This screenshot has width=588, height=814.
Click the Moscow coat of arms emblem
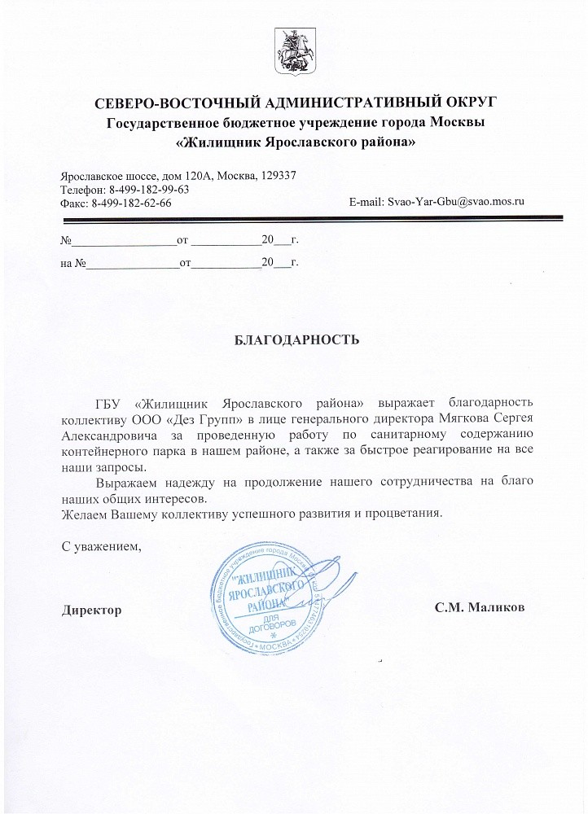coord(293,50)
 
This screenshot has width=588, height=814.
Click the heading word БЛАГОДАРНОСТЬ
coord(296,339)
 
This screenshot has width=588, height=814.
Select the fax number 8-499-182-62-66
coord(132,203)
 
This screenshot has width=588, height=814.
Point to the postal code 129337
coord(277,175)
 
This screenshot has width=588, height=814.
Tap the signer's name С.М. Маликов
coord(480,609)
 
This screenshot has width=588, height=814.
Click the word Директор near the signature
coord(92,610)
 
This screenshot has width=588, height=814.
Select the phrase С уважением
coord(102,546)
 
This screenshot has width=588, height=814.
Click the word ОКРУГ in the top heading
coord(461,103)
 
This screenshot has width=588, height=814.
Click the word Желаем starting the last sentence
coord(85,514)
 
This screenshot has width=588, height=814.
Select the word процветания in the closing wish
coord(404,514)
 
